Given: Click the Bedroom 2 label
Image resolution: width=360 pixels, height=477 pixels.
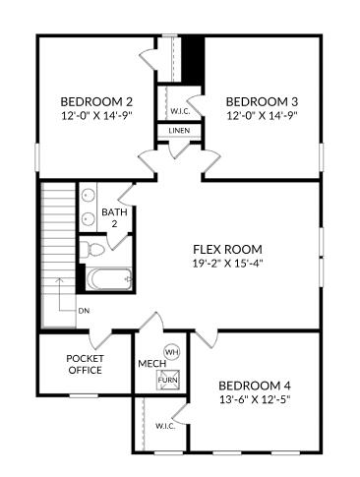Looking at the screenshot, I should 96,101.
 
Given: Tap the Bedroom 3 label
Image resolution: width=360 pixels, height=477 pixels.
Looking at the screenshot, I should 262,101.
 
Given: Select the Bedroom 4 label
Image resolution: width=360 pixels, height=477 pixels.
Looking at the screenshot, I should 255,386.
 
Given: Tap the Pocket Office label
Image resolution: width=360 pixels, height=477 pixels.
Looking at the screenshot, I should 85,364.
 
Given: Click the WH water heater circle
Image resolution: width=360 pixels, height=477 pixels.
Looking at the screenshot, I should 170,351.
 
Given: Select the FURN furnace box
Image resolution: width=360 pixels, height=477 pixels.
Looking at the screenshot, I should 170,379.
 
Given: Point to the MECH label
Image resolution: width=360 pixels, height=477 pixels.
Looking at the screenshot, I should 150,364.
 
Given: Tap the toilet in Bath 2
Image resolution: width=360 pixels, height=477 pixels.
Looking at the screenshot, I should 88,248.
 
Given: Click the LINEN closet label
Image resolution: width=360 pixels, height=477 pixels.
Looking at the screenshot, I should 178,131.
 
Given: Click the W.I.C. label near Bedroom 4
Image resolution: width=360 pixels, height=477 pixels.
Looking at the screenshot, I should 165,426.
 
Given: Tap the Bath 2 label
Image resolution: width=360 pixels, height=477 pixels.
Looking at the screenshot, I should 114,218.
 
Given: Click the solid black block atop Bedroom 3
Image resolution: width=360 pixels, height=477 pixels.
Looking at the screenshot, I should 195,60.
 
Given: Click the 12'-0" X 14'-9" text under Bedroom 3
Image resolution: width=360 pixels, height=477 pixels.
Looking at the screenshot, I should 262,115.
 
